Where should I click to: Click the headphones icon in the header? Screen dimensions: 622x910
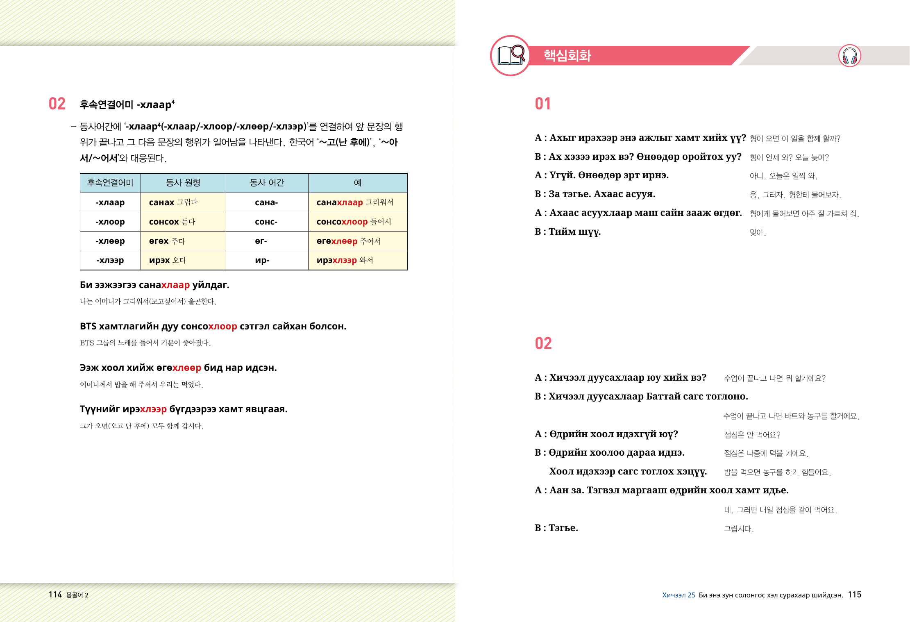(x=849, y=56)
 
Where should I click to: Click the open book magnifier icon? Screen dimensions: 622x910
(x=511, y=55)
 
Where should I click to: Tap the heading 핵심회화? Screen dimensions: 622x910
(x=567, y=56)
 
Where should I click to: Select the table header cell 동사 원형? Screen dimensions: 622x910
(x=183, y=183)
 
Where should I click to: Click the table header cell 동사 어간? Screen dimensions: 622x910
(x=267, y=183)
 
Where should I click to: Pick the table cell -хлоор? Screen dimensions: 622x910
(x=110, y=222)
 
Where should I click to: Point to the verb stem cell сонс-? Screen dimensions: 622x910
(x=266, y=222)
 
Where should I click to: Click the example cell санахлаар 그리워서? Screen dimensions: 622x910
(x=355, y=202)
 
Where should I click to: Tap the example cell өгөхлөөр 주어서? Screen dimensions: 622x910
(x=349, y=241)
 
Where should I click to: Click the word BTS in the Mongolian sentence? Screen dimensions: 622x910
(x=88, y=326)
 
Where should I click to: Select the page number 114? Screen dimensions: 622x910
(x=55, y=595)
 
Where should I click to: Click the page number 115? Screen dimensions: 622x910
(x=855, y=595)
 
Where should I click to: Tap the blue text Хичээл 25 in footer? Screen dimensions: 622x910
(x=679, y=595)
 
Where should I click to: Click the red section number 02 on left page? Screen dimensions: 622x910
(x=57, y=104)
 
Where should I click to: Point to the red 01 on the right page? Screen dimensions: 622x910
(x=543, y=104)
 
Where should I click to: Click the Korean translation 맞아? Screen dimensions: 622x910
(x=758, y=232)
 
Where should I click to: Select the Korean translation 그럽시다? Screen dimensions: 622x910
(x=739, y=529)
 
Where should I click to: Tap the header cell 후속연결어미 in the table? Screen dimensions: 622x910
(x=110, y=183)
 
